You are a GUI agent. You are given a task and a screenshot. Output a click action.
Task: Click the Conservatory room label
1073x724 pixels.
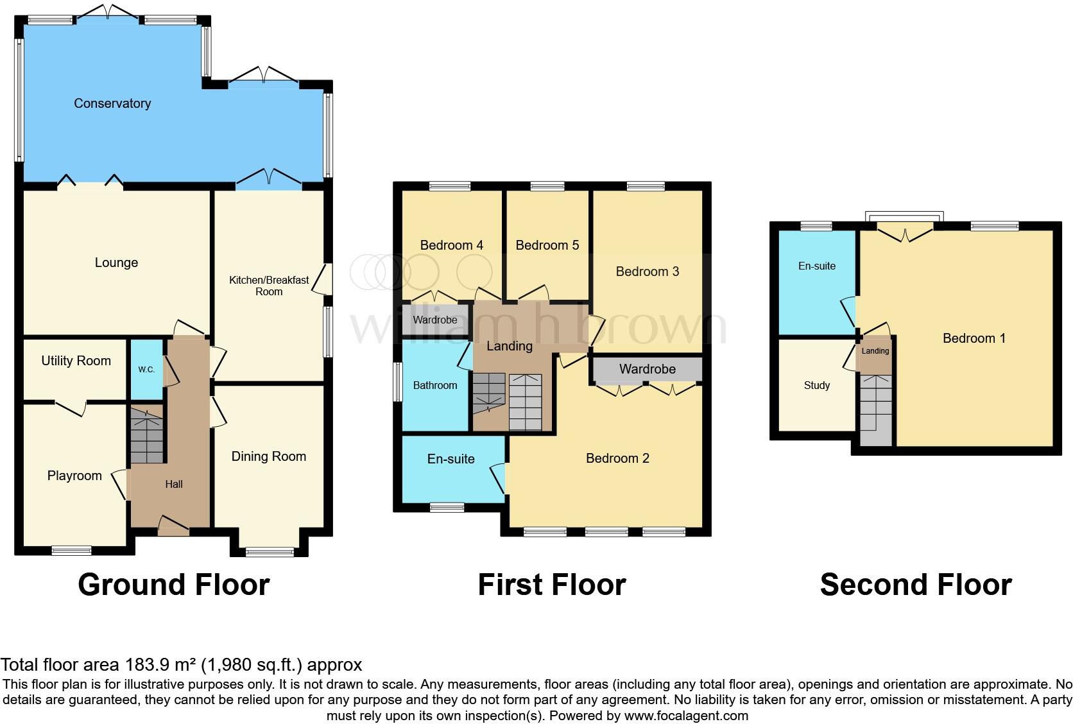(112, 103)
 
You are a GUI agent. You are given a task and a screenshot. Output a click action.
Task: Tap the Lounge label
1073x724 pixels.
(116, 263)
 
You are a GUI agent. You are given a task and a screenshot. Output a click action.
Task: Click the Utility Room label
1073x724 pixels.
(76, 361)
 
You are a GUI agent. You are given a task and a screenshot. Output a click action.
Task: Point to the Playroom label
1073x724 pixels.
(74, 476)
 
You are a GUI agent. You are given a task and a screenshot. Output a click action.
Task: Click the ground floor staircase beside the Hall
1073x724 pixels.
(147, 435)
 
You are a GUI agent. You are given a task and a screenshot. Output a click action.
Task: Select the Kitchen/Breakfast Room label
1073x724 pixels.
(269, 286)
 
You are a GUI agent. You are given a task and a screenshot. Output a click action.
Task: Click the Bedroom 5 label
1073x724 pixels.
(547, 245)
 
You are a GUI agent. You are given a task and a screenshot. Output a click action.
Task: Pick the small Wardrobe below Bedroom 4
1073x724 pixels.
(435, 320)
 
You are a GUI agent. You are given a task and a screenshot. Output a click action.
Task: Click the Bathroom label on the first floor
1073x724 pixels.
(435, 385)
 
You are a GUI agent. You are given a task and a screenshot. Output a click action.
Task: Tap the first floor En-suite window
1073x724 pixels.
(447, 507)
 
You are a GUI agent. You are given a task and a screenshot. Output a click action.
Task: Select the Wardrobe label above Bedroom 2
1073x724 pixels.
(647, 369)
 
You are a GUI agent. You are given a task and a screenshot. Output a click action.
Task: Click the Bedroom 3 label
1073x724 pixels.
(647, 271)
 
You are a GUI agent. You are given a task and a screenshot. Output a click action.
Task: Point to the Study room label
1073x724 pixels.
(816, 385)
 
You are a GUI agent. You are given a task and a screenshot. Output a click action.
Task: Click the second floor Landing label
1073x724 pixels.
(875, 351)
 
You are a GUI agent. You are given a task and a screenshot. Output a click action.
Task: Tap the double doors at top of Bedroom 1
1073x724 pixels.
(905, 232)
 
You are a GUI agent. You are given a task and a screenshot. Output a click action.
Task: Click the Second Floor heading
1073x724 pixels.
(916, 585)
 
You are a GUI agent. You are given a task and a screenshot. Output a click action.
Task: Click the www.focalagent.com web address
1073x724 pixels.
(686, 715)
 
